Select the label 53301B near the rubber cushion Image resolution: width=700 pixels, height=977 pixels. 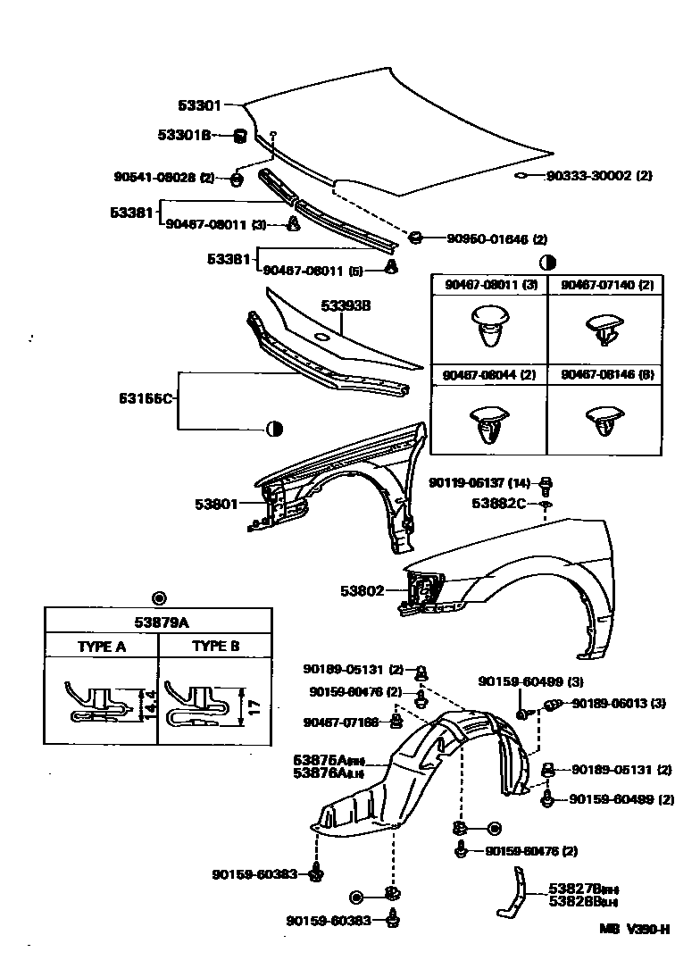[184, 135]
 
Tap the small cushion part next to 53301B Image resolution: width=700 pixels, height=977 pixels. [239, 136]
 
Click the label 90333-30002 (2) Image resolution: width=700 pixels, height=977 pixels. [599, 176]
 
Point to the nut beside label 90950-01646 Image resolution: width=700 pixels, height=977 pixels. [415, 238]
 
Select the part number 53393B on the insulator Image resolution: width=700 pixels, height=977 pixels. [346, 305]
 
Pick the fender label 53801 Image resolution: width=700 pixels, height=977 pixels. [216, 504]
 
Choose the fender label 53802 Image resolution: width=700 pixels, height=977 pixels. [362, 590]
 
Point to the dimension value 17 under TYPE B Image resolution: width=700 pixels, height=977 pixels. [254, 707]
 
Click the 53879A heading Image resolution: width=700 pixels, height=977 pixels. [159, 622]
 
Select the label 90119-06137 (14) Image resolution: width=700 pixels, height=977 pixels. [482, 482]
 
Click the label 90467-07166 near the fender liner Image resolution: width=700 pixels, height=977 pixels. [341, 722]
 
